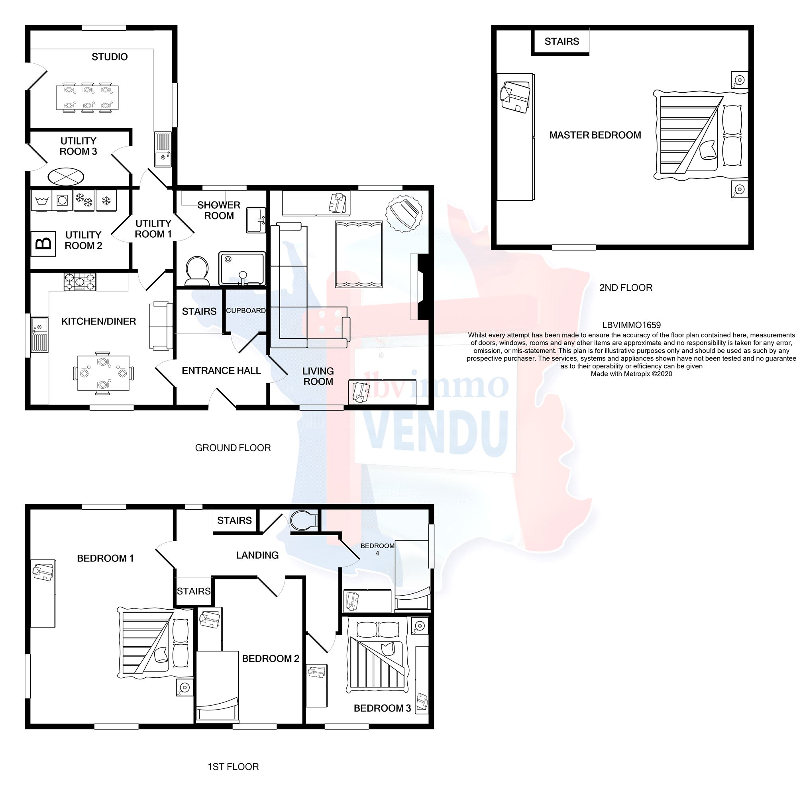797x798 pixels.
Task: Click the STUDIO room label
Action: click(x=110, y=57)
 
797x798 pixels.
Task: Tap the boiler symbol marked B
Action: click(x=43, y=244)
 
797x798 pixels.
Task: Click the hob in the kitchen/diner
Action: click(x=79, y=282)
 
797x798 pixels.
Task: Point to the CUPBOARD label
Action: click(x=245, y=311)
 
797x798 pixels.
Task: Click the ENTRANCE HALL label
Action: click(x=221, y=370)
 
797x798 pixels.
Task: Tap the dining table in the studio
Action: click(x=87, y=98)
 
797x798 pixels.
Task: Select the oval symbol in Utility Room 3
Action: click(x=66, y=177)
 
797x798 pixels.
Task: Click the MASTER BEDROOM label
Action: click(x=595, y=135)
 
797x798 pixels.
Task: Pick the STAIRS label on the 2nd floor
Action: click(x=561, y=41)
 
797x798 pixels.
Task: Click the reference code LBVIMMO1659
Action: click(x=631, y=325)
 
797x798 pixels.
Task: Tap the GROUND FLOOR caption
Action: click(x=233, y=448)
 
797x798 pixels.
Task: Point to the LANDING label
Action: click(x=257, y=555)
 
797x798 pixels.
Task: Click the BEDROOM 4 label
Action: click(x=377, y=549)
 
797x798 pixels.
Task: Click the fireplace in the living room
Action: click(x=424, y=287)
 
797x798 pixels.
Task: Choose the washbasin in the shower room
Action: click(x=256, y=221)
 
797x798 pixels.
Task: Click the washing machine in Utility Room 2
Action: click(x=63, y=201)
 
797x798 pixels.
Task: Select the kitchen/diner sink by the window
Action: click(x=41, y=334)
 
